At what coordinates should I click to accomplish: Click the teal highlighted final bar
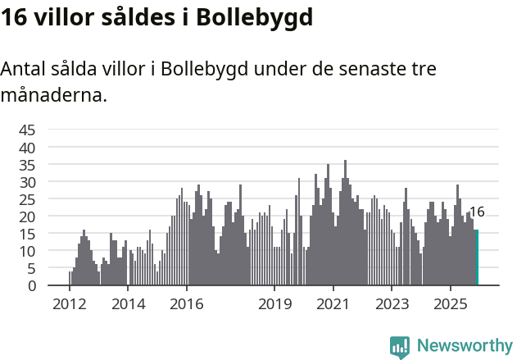tap(477, 257)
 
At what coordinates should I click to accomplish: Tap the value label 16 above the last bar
tap(477, 212)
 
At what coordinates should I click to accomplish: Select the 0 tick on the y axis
tap(31, 285)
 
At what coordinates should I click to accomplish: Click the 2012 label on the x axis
tap(69, 304)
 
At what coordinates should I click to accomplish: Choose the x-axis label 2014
tap(128, 304)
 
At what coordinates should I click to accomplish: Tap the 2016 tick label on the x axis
tap(187, 304)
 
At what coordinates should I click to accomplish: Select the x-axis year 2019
tap(274, 304)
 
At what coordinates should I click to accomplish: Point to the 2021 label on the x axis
tap(333, 304)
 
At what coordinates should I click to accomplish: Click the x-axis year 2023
tap(392, 304)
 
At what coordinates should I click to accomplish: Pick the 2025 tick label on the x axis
tap(451, 304)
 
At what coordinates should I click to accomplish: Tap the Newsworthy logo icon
tap(400, 346)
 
